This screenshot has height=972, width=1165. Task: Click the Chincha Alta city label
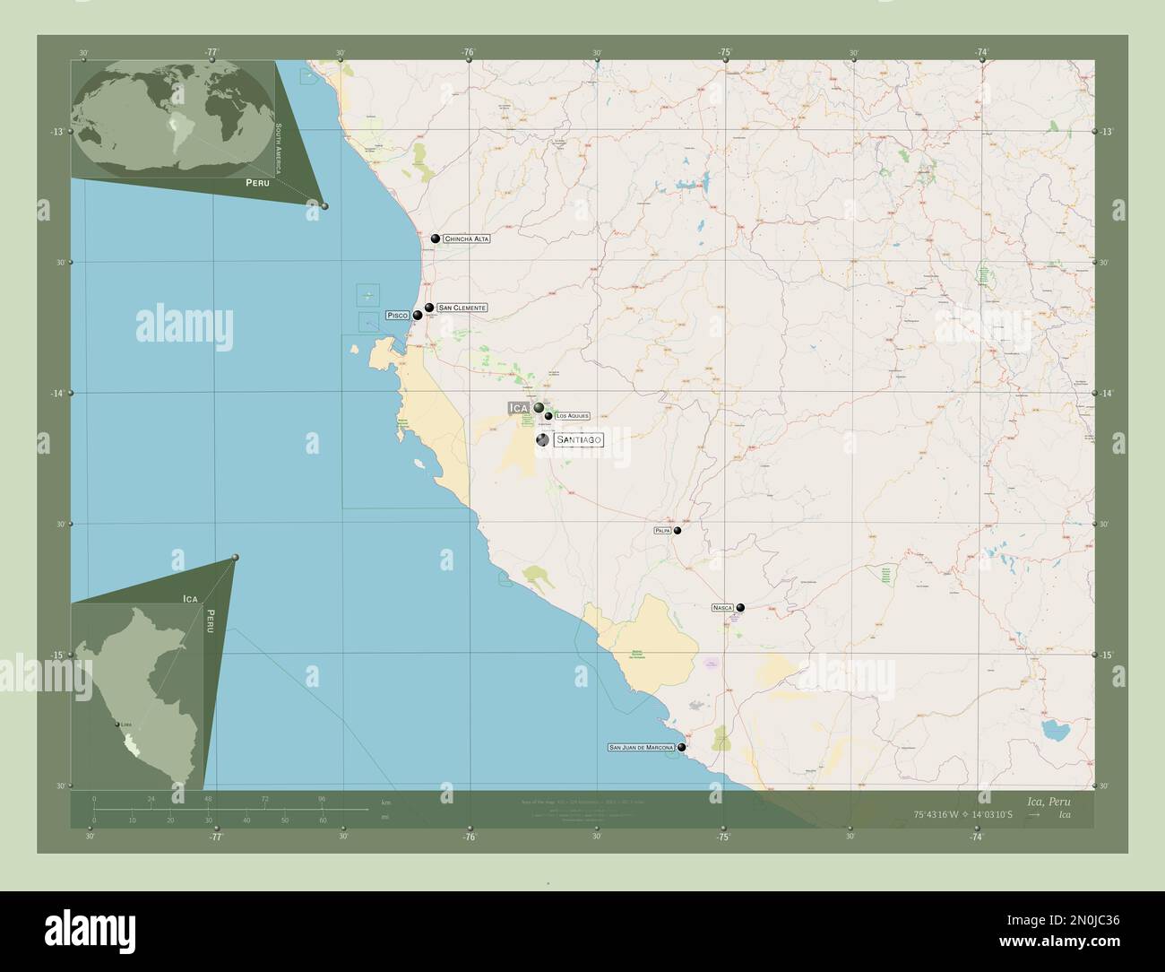tap(467, 239)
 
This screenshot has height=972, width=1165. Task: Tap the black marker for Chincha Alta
tap(436, 239)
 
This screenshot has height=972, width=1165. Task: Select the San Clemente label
tap(462, 308)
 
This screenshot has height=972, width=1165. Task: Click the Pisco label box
tap(397, 316)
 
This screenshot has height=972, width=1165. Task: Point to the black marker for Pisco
tap(418, 315)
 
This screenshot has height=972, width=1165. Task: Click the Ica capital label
tap(519, 408)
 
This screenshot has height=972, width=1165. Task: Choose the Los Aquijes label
tap(573, 416)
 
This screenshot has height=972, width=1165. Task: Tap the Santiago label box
tap(578, 439)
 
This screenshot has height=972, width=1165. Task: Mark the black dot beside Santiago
tap(542, 439)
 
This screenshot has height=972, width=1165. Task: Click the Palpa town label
tap(662, 531)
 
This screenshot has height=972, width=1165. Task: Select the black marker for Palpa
tap(677, 531)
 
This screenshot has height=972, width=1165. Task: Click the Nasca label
tap(722, 608)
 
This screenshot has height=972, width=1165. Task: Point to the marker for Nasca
tap(740, 607)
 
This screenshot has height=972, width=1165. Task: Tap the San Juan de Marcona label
tap(642, 747)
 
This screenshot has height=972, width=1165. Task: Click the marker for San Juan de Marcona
tap(682, 747)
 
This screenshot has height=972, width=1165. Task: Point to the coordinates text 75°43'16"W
tap(936, 814)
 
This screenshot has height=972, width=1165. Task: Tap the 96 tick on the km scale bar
tap(322, 798)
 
